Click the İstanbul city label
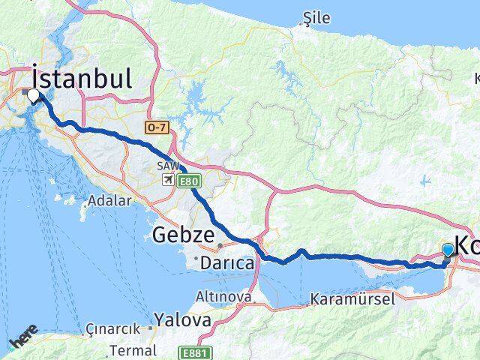pyautogui.click(x=82, y=78)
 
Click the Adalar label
pyautogui.click(x=109, y=200)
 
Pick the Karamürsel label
pyautogui.click(x=352, y=298)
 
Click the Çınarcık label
pyautogui.click(x=112, y=329)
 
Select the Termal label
pyautogui.click(x=133, y=349)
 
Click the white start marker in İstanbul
pyautogui.click(x=33, y=95)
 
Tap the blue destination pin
pyautogui.click(x=448, y=250)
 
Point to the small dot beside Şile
pyautogui.click(x=304, y=23)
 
